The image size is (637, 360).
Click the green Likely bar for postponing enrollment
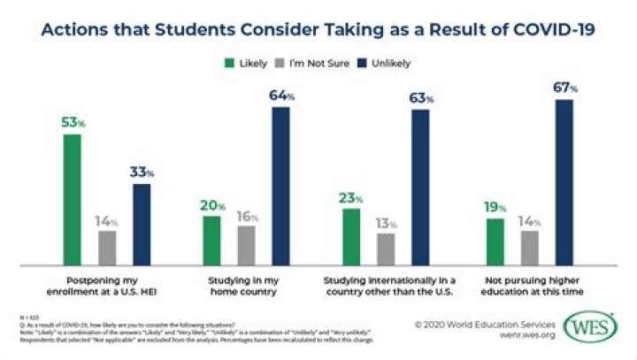(x=72, y=200)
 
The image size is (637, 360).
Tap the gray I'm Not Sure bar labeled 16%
(x=246, y=245)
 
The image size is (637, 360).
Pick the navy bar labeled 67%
(x=564, y=182)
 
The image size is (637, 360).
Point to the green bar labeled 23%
(x=350, y=236)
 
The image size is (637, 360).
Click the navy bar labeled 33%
(x=141, y=224)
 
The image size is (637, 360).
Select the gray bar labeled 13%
(x=385, y=249)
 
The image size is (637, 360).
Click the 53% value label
(x=73, y=123)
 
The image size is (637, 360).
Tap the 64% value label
(x=281, y=96)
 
